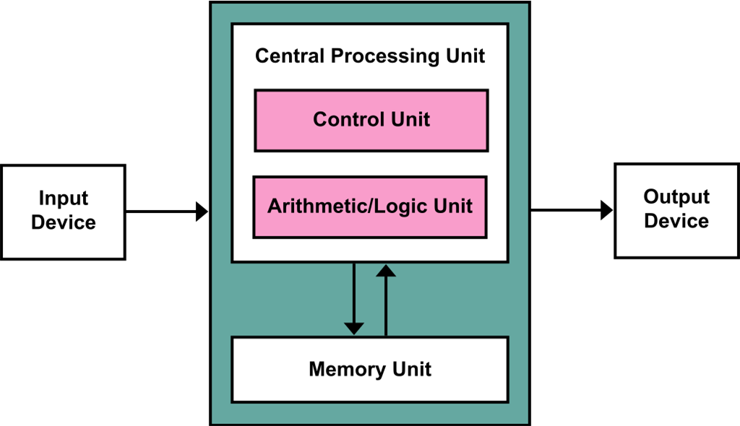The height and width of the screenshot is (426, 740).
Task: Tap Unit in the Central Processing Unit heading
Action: [464, 56]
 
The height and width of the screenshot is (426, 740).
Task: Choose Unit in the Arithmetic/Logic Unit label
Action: [452, 207]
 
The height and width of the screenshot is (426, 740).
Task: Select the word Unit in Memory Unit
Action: [410, 370]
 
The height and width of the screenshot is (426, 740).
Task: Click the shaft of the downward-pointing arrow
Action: [353, 292]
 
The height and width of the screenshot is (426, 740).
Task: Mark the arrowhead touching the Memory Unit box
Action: [353, 329]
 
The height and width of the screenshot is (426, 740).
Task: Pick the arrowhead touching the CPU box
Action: [386, 271]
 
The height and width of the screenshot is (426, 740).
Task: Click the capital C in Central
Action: [262, 56]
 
